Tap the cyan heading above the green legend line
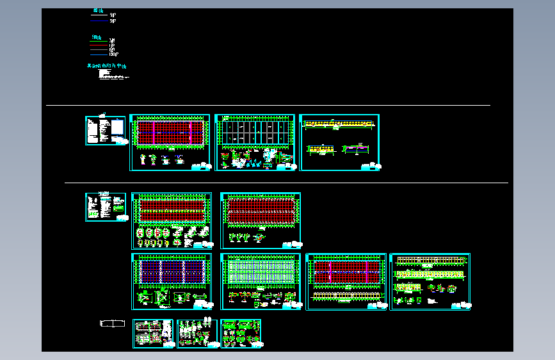[96, 37]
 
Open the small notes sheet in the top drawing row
[106, 131]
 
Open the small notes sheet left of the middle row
[106, 207]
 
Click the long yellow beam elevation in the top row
[339, 124]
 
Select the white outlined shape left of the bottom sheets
[113, 323]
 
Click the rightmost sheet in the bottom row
[241, 334]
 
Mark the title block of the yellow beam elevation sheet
[371, 167]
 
